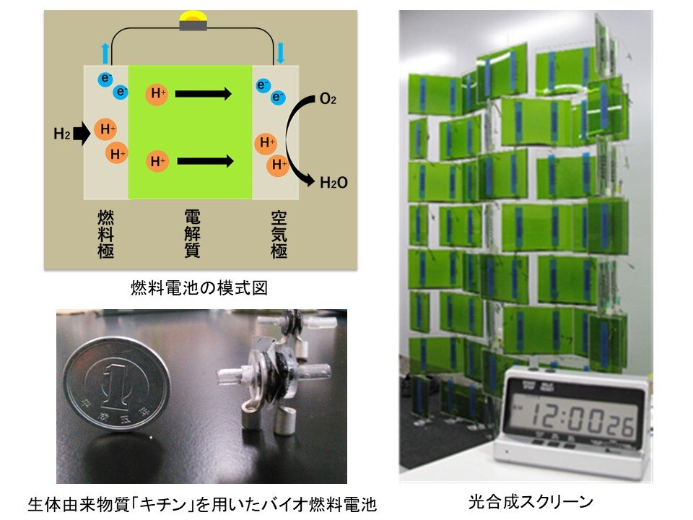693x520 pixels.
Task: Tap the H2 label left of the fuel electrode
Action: point(62,134)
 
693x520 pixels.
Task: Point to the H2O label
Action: point(334,183)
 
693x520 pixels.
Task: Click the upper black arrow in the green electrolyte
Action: point(203,93)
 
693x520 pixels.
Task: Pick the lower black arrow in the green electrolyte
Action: point(204,161)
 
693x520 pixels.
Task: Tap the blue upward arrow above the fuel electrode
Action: point(105,53)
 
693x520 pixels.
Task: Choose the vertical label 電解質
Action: point(192,234)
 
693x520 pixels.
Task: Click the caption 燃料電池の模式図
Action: point(199,289)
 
